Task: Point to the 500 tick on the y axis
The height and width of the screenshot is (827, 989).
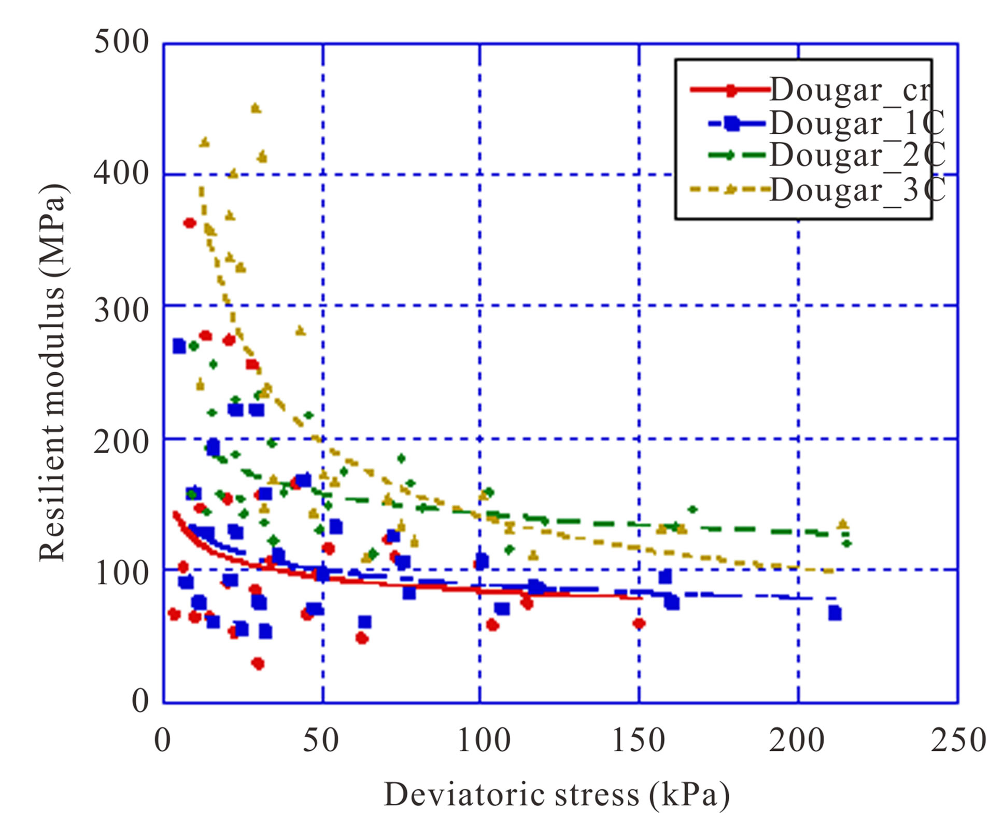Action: [x=121, y=41]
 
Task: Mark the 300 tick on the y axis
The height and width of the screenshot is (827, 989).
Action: [x=121, y=311]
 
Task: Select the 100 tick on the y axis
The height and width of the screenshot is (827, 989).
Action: [x=121, y=573]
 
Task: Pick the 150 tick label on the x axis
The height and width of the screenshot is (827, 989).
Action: [x=638, y=740]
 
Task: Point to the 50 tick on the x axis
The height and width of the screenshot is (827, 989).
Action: [x=321, y=740]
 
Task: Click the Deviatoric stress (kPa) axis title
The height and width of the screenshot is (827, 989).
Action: [x=556, y=795]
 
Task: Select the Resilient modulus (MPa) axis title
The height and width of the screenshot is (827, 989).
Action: [x=53, y=372]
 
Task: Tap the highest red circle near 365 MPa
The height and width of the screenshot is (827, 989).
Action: [x=189, y=223]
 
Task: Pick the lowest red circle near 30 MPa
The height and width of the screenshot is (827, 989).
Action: [x=258, y=664]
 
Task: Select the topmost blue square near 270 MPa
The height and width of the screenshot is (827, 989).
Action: [x=179, y=346]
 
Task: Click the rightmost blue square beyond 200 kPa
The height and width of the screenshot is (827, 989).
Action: [x=835, y=613]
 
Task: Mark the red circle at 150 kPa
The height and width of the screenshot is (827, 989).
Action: [x=639, y=623]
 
